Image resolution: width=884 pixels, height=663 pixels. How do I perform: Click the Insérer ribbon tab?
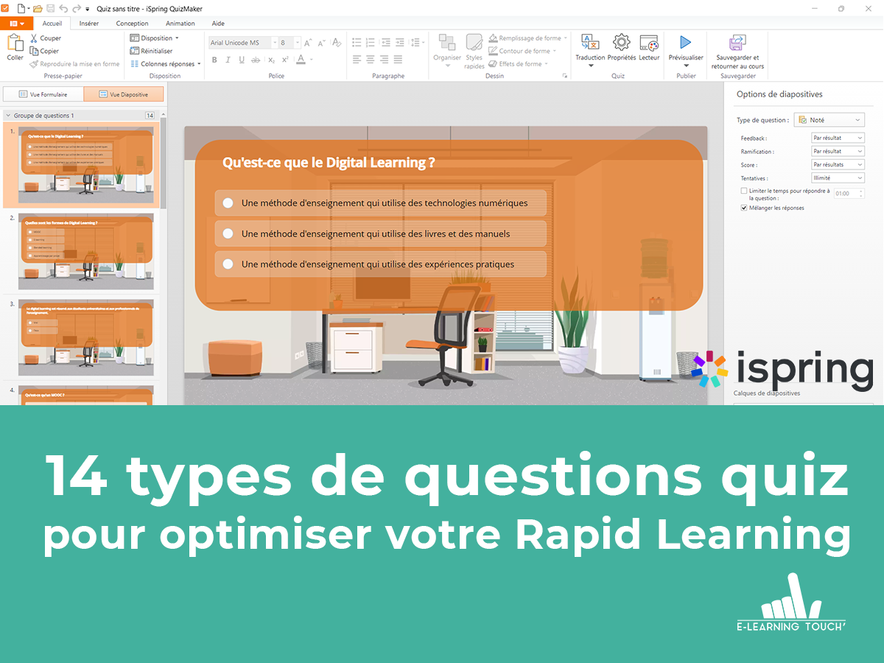pyautogui.click(x=89, y=23)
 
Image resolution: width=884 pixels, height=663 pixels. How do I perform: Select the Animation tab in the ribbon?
pyautogui.click(x=180, y=23)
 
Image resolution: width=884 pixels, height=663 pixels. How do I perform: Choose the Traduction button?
pyautogui.click(x=590, y=46)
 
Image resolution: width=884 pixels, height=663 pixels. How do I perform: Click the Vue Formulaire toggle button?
pyautogui.click(x=43, y=94)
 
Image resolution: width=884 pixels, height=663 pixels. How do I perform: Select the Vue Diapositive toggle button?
pyautogui.click(x=124, y=94)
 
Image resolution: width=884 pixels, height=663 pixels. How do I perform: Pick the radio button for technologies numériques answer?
pyautogui.click(x=228, y=203)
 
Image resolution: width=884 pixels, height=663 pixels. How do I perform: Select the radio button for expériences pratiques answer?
pyautogui.click(x=228, y=264)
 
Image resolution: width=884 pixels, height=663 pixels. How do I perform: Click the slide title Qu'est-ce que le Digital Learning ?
pyautogui.click(x=329, y=163)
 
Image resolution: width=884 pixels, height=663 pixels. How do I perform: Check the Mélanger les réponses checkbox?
pyautogui.click(x=744, y=208)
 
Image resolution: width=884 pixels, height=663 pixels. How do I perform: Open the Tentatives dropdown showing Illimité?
pyautogui.click(x=838, y=178)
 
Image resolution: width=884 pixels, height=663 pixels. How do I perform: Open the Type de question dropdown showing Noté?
pyautogui.click(x=829, y=120)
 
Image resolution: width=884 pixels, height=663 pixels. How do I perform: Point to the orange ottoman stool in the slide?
pyautogui.click(x=234, y=357)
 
